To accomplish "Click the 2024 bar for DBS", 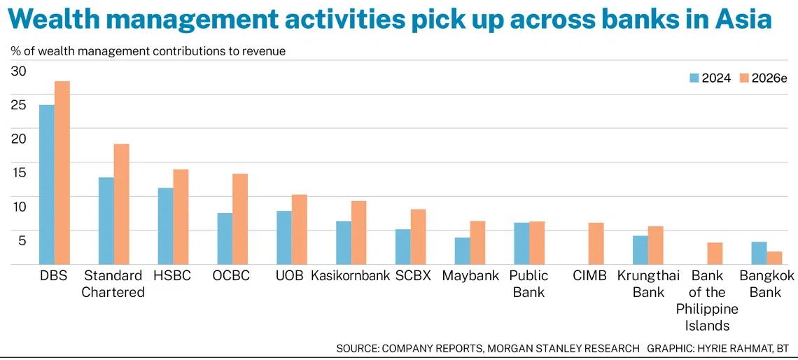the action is click(47, 184).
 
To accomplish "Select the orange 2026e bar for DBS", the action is click(62, 172).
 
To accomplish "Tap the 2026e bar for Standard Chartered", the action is click(121, 205).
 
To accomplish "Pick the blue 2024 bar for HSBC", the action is click(165, 226).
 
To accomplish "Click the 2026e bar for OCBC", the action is click(240, 219).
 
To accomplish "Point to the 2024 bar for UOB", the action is click(284, 237).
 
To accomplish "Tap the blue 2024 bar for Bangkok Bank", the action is click(759, 253).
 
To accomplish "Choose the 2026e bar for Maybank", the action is click(477, 242).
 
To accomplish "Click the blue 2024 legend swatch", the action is click(694, 78).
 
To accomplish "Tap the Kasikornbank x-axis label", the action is click(350, 276).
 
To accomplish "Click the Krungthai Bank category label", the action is click(648, 284).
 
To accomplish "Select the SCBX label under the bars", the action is click(413, 276).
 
